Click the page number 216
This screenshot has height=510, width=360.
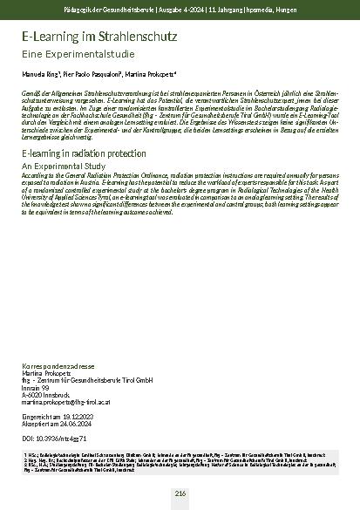pos(180,493)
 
